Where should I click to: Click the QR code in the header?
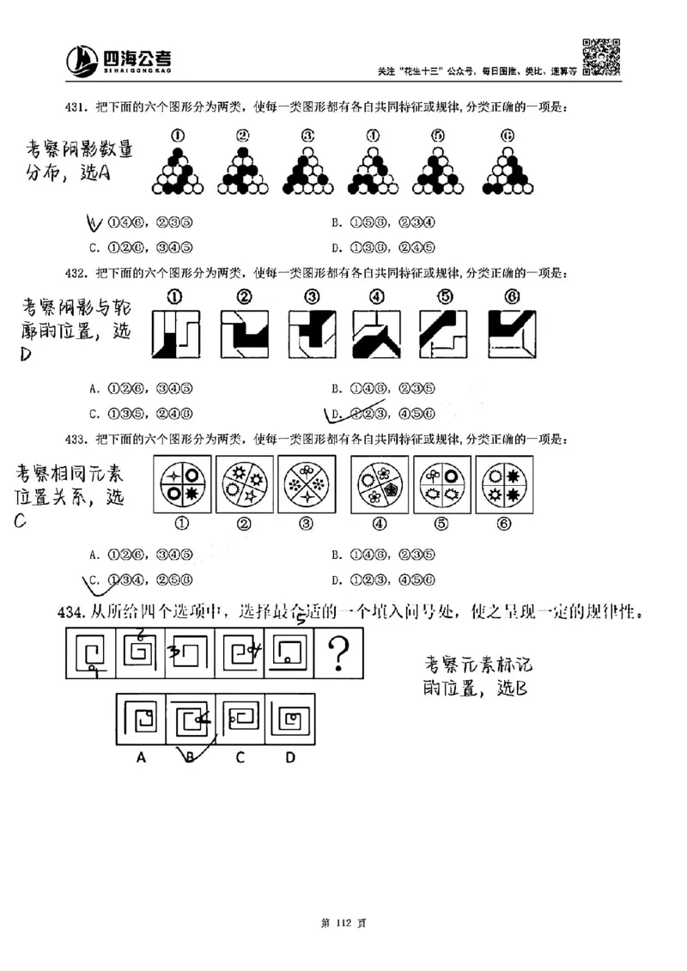point(602,58)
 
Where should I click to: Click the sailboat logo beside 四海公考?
point(83,60)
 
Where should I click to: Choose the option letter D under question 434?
point(290,757)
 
